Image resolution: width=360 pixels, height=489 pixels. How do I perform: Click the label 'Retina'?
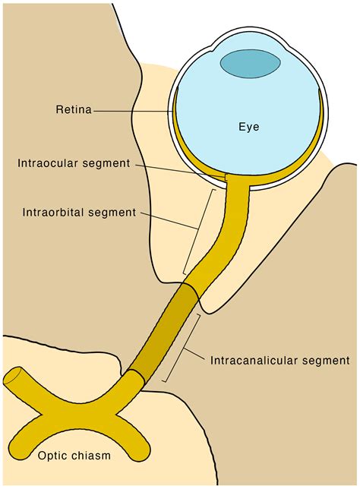tap(73, 111)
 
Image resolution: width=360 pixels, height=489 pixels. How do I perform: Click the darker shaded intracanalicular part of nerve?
tap(165, 330)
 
